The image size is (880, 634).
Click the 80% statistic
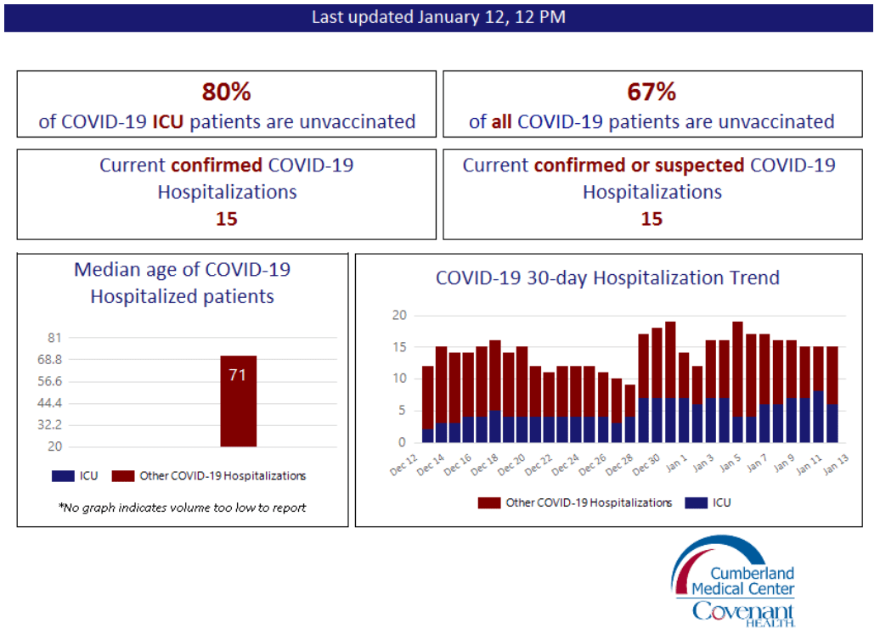coord(226,92)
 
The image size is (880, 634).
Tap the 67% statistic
coord(652,92)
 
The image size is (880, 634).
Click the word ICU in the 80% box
coord(168,121)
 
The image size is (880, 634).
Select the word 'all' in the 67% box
coord(501,121)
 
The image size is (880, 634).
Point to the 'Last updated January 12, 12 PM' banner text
coord(438,17)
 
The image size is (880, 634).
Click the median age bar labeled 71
coord(238,401)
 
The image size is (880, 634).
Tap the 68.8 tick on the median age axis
coord(49,359)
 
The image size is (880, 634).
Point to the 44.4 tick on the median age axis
coord(49,403)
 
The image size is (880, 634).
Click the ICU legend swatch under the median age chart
coord(63,476)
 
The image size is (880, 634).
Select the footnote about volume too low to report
coord(183,508)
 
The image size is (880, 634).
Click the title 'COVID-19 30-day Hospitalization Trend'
coord(608,278)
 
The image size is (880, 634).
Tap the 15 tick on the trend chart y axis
coord(399,347)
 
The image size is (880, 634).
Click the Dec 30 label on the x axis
coord(646,465)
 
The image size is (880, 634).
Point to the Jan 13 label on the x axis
coord(836,465)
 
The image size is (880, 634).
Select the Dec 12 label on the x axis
coord(404,465)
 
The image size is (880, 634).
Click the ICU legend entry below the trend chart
coord(708,502)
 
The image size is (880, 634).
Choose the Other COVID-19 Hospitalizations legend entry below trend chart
coord(575,502)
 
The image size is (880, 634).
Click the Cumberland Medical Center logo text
coord(743,581)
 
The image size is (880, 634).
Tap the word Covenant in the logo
coord(743,611)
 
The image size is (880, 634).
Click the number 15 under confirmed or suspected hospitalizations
coord(652,219)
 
